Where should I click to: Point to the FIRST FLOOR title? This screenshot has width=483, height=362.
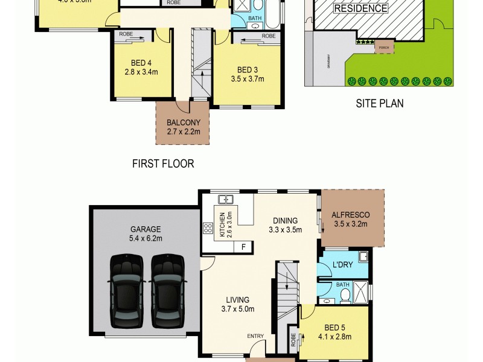[163, 164]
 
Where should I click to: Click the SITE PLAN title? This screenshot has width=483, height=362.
[379, 103]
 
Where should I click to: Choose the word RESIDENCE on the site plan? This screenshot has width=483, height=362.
[361, 8]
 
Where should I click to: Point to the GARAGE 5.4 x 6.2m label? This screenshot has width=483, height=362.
[146, 233]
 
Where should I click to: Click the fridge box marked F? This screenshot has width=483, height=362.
[243, 247]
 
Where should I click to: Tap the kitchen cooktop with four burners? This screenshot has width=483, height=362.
[208, 227]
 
